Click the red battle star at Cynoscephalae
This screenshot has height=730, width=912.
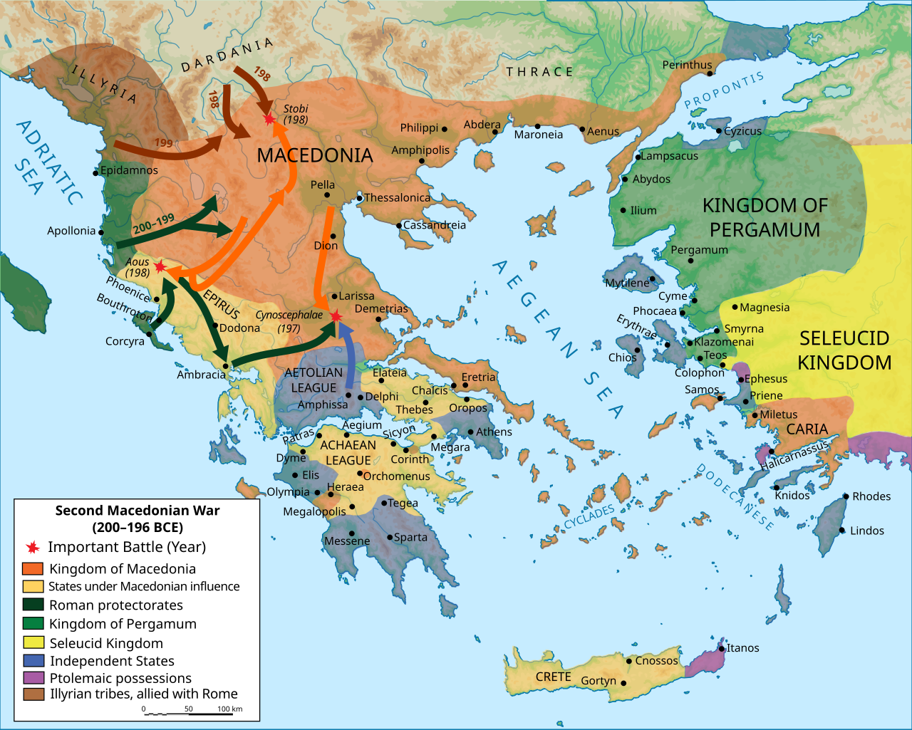tap(336, 316)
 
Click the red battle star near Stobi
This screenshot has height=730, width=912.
tap(269, 119)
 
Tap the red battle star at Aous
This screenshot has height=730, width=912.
tap(160, 266)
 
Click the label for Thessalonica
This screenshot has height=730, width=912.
tap(397, 198)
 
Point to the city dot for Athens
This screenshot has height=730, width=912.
tap(470, 432)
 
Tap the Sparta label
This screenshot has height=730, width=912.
tap(410, 538)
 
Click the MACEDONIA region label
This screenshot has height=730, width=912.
tap(314, 155)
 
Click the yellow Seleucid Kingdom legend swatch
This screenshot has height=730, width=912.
tap(33, 642)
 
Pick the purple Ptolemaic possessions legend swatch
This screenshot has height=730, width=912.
tap(33, 678)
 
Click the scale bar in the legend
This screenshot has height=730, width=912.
tap(191, 712)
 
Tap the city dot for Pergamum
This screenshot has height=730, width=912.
tap(690, 261)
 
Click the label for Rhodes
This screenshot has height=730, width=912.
tap(871, 496)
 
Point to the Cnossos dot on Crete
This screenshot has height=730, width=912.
tap(629, 661)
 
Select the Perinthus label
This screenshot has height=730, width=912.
tap(687, 65)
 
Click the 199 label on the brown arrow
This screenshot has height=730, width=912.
tap(164, 142)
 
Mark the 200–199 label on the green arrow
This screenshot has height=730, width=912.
tap(153, 224)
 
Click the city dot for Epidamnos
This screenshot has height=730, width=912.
tap(95, 172)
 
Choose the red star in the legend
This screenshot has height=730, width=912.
tap(32, 547)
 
